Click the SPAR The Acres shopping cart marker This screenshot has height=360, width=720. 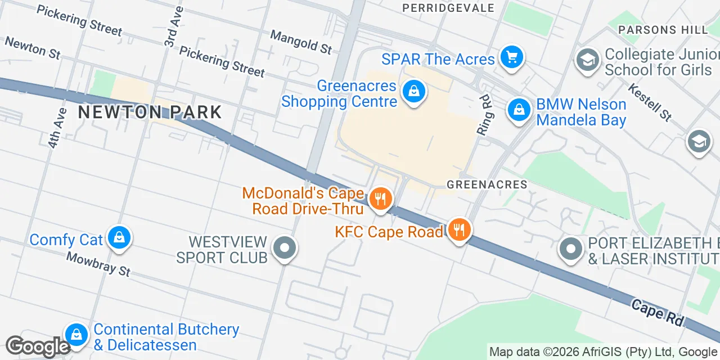pyautogui.click(x=511, y=57)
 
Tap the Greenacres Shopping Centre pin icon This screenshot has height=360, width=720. pyautogui.click(x=414, y=91)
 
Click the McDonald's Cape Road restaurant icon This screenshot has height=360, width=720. pyautogui.click(x=381, y=198)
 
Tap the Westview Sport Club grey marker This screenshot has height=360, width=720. pyautogui.click(x=285, y=248)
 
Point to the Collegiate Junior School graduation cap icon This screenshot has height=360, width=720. pyautogui.click(x=588, y=59)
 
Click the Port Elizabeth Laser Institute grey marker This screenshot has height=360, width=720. pyautogui.click(x=571, y=249)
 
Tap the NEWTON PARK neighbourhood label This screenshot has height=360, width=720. pyautogui.click(x=150, y=112)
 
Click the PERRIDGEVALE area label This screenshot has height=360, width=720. pyautogui.click(x=448, y=8)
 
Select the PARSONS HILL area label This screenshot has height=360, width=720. pyautogui.click(x=663, y=29)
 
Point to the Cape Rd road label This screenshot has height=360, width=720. pyautogui.click(x=658, y=313)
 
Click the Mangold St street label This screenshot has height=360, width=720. pyautogui.click(x=301, y=42)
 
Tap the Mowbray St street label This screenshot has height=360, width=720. pyautogui.click(x=98, y=264)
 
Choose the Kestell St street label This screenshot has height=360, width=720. pyautogui.click(x=650, y=102)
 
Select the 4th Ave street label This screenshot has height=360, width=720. pyautogui.click(x=57, y=128)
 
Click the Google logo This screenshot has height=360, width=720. pyautogui.click(x=37, y=346)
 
